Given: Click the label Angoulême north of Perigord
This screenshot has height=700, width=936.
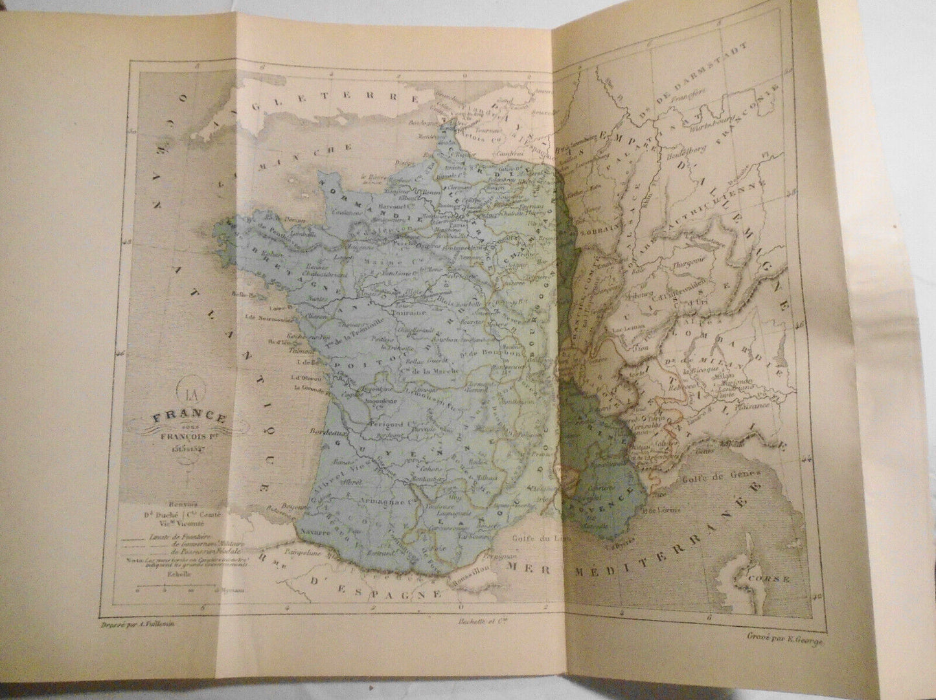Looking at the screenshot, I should click(x=364, y=399).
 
